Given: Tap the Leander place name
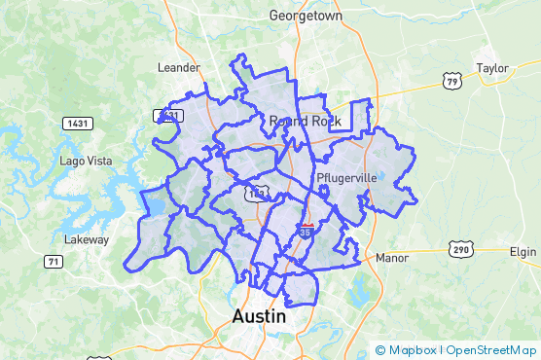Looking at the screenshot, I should (178, 68).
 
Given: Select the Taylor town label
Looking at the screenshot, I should (492, 68).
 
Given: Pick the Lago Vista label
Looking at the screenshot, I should (86, 161).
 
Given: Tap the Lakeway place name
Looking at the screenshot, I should (86, 239).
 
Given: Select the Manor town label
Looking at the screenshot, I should (392, 259).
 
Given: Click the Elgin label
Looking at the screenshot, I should (523, 251).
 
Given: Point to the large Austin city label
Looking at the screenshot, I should (261, 317).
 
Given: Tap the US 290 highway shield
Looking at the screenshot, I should (460, 250).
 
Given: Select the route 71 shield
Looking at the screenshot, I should (54, 262).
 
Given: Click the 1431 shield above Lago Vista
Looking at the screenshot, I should (77, 124).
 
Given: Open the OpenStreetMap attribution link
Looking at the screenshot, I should (491, 350).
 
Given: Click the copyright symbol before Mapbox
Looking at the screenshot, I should (380, 350).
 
